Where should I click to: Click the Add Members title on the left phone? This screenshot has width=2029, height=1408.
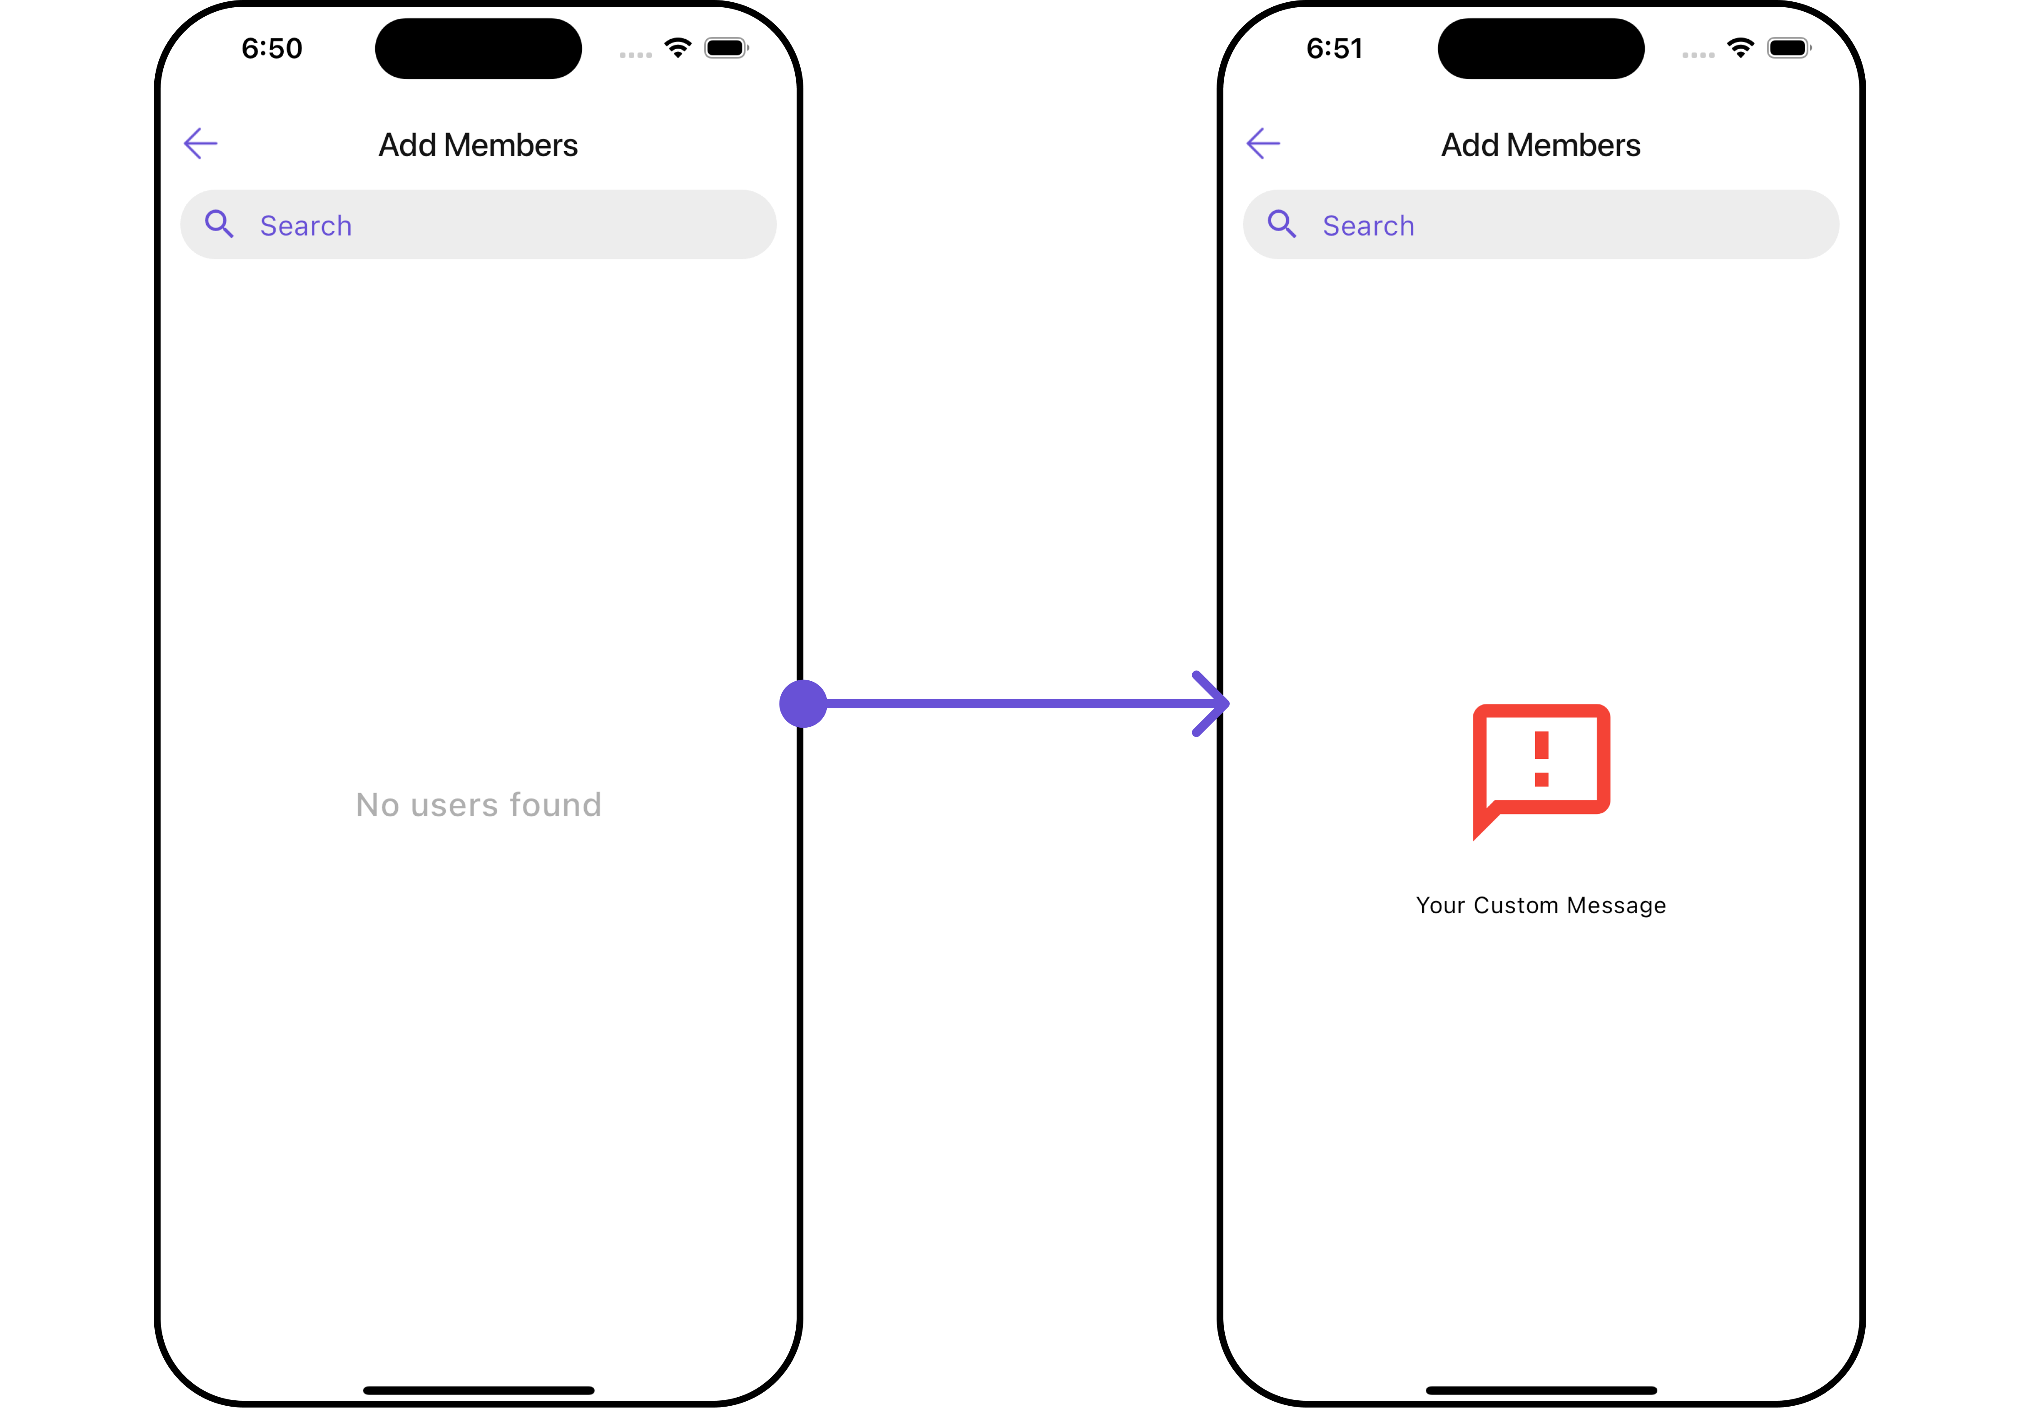click(478, 145)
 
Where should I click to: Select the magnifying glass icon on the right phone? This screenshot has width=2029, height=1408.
click(1282, 224)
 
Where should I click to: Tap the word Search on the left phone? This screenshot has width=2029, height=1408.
click(306, 226)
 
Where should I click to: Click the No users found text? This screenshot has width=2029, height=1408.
click(478, 804)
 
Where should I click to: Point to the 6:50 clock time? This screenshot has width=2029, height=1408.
click(272, 49)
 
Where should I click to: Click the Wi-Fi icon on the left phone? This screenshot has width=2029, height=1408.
click(678, 48)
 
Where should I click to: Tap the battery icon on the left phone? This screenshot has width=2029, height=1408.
click(726, 48)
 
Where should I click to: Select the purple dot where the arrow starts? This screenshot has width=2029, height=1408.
click(803, 704)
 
